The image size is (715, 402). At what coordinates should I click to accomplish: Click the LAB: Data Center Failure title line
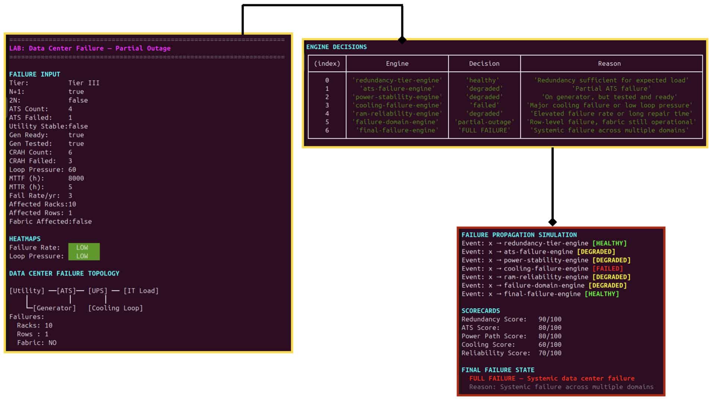pyautogui.click(x=90, y=48)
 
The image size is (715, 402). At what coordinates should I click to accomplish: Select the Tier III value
pyautogui.click(x=84, y=83)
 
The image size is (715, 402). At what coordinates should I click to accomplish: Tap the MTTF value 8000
pyautogui.click(x=76, y=178)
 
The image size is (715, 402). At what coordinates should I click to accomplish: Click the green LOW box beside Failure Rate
pyautogui.click(x=84, y=248)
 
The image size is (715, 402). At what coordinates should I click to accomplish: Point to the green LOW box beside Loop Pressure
pyautogui.click(x=84, y=256)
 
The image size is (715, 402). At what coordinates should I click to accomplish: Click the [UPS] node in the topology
pyautogui.click(x=98, y=291)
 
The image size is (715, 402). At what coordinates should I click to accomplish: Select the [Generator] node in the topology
pyautogui.click(x=54, y=308)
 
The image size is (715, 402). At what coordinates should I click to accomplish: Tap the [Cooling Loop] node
pyautogui.click(x=115, y=308)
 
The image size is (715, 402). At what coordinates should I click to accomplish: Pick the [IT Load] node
pyautogui.click(x=141, y=291)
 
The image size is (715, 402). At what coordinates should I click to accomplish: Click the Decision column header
pyautogui.click(x=484, y=64)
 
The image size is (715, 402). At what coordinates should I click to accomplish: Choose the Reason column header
pyautogui.click(x=609, y=64)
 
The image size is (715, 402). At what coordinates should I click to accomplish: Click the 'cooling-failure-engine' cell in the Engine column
pyautogui.click(x=397, y=105)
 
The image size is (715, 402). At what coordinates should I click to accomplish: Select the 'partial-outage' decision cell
pyautogui.click(x=484, y=122)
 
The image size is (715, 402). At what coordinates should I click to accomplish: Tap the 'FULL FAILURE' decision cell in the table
pyautogui.click(x=484, y=130)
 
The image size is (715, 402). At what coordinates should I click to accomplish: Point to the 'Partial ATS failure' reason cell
pyautogui.click(x=611, y=89)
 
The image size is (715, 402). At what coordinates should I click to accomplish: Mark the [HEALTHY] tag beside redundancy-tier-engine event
pyautogui.click(x=609, y=243)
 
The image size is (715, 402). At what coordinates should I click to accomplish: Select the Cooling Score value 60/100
pyautogui.click(x=550, y=345)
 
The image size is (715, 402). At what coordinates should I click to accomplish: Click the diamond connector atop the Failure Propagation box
pyautogui.click(x=553, y=222)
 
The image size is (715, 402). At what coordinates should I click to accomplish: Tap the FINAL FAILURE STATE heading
pyautogui.click(x=498, y=370)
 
